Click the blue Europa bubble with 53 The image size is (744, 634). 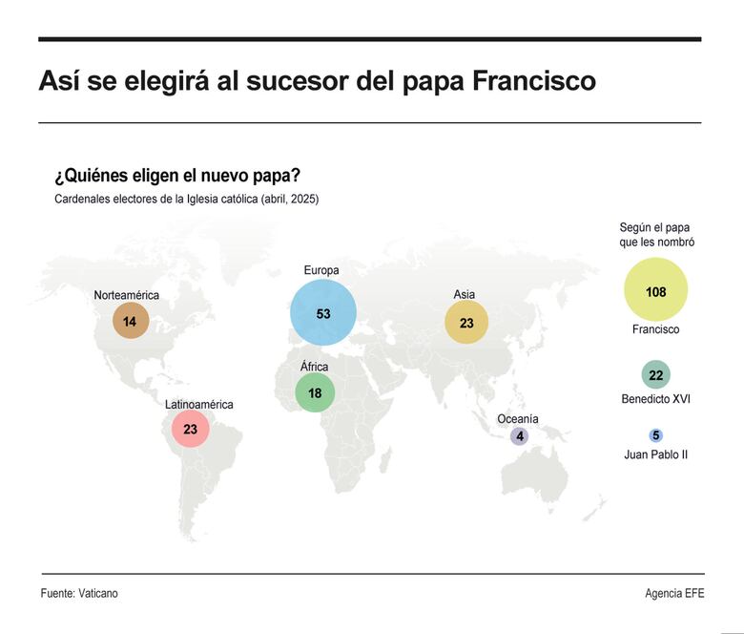pos(323,313)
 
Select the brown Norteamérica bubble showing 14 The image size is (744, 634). pos(130,322)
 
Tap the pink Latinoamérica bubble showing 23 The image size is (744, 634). pos(191,430)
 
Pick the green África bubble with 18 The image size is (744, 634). pos(315,393)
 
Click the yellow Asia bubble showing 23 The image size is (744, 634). pos(466,323)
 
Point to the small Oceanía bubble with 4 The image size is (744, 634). pos(519,436)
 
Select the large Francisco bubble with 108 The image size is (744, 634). pos(655,291)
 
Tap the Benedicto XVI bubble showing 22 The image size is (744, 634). pos(655,375)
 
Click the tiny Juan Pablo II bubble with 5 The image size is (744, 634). pos(655,435)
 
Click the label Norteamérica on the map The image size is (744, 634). pos(126,295)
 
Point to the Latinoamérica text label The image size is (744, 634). pos(198,404)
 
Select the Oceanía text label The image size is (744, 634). pos(518,419)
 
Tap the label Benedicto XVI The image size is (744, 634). pos(655,398)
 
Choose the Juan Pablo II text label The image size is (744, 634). pos(655,454)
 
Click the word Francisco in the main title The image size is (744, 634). pos(534,81)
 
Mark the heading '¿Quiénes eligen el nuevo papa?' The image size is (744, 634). pos(177,177)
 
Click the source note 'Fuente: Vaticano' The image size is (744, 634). pos(79,593)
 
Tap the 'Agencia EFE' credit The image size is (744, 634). pos(674,593)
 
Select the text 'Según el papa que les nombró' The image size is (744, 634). pos(656,235)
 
